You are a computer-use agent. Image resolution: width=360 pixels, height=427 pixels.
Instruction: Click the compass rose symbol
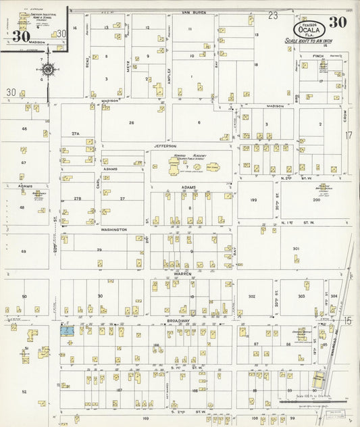click(48, 69)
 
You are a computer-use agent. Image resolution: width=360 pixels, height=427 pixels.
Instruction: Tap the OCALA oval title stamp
click(310, 29)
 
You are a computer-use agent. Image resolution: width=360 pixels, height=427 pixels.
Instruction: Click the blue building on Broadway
click(67, 330)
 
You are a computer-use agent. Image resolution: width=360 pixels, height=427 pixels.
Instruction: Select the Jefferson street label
click(164, 145)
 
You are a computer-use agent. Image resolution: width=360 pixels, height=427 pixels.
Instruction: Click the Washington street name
click(114, 230)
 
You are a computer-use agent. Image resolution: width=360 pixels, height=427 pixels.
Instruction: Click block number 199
click(251, 201)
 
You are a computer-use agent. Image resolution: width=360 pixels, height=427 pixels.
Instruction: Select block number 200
click(315, 201)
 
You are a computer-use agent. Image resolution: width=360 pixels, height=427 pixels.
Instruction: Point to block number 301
click(296, 249)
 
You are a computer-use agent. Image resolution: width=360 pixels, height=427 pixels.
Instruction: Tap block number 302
click(251, 296)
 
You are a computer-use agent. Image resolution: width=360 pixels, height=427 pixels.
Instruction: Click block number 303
click(301, 296)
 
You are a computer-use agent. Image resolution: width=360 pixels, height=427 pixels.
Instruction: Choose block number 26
click(132, 123)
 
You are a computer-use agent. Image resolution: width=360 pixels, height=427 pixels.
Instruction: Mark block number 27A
click(76, 134)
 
